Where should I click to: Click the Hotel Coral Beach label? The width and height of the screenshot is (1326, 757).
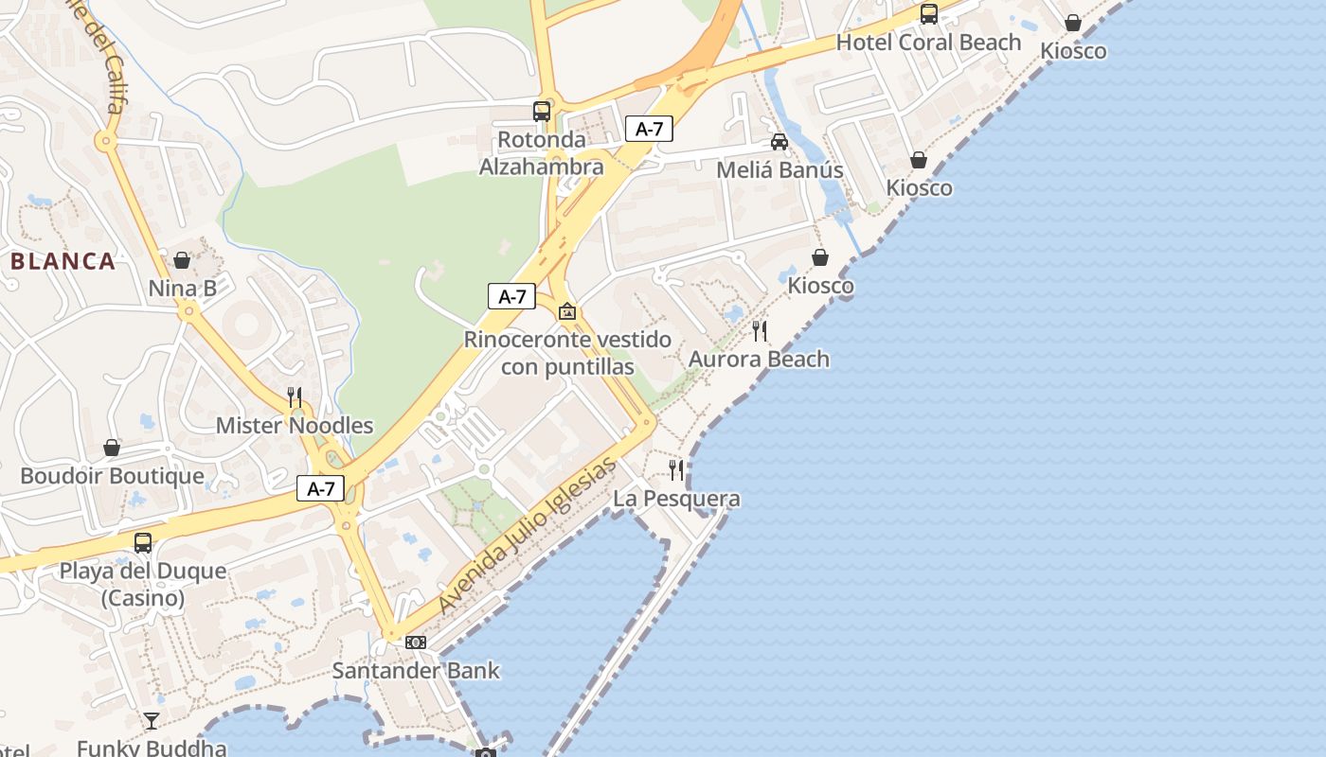coord(928,43)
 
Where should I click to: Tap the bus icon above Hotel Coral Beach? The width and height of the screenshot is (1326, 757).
coord(929,14)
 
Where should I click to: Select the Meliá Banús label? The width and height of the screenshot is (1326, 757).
coord(779,170)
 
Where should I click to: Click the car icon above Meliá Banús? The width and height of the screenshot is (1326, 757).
coord(779,142)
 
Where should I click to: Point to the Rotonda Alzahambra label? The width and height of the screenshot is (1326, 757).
coord(541,153)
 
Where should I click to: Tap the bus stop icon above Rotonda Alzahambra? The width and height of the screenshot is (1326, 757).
coord(541,112)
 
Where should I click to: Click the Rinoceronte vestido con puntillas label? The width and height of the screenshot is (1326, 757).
coord(567,353)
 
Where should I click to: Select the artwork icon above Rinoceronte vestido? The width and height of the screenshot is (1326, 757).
coord(567,311)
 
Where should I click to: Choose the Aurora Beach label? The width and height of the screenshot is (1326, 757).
coord(759,359)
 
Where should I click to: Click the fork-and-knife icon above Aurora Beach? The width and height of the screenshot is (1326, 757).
coord(760,330)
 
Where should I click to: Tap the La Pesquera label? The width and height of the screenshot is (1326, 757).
coord(676,499)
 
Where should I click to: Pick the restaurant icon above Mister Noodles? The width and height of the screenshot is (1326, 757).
coord(295,396)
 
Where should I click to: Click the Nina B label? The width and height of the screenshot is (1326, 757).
coord(182,289)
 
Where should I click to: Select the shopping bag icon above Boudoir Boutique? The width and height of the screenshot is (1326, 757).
coord(112,448)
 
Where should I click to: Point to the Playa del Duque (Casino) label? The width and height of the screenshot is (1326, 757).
coord(143,585)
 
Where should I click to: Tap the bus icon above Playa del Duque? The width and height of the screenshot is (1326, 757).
coord(143,543)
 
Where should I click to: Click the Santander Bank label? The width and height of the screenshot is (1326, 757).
coord(416,671)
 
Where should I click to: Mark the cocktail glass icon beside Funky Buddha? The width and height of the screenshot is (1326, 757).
coord(152,721)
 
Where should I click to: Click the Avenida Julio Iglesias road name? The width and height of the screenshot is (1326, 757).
coord(527,537)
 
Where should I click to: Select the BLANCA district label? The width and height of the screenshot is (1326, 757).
coord(63,261)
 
